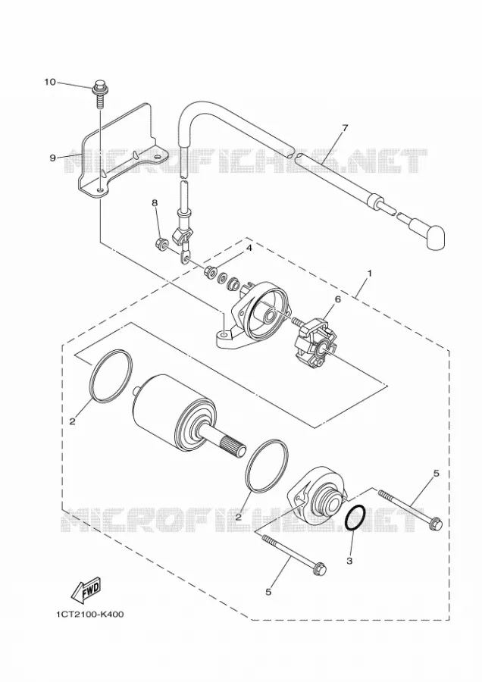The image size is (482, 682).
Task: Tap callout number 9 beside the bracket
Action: coord(52,158)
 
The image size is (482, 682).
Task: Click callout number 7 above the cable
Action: coord(345,128)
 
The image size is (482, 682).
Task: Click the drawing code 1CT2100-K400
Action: coord(89,615)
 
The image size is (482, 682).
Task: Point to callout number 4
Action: coord(249,247)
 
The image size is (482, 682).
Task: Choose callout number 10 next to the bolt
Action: coord(50,82)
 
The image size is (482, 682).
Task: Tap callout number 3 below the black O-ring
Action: coord(349,561)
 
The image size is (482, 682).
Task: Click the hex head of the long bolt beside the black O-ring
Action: coord(436,523)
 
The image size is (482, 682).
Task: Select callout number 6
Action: coord(337,299)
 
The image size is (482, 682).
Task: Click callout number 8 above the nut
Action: coord(154,202)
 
